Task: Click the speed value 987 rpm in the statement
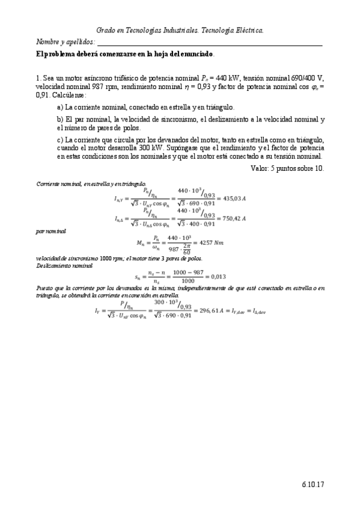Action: click(87, 87)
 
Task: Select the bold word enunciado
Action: click(192, 54)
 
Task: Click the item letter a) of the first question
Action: click(60, 107)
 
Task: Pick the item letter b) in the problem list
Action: click(60, 119)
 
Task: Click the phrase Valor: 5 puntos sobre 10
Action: click(287, 168)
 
